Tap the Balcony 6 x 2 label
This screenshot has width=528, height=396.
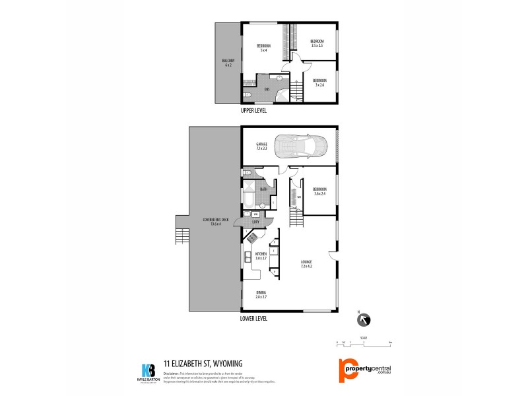coord(228,63)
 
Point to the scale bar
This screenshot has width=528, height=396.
coord(364,341)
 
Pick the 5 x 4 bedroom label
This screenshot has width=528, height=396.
coord(264,48)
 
